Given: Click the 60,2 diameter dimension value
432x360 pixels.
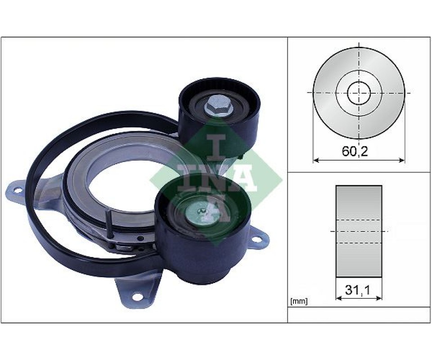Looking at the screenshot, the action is click(x=355, y=151).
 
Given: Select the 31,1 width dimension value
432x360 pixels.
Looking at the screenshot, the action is click(x=358, y=289).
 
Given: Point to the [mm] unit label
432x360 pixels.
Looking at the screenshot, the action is click(x=299, y=301).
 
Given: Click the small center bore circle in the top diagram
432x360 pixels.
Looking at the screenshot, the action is click(x=359, y=93).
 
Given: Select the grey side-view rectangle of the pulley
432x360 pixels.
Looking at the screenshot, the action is click(x=359, y=231).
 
